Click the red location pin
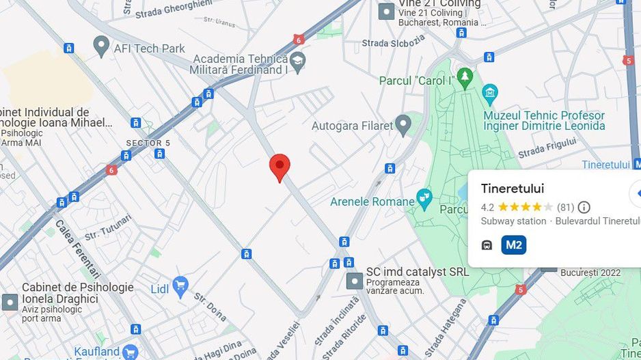279,167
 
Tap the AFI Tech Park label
150,49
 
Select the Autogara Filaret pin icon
404,125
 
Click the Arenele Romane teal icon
424,199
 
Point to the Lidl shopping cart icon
180,287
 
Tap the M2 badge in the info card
514,245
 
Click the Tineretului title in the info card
513,189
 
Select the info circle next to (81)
584,207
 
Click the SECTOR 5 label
148,143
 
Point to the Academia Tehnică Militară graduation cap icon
297,64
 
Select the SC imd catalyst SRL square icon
355,281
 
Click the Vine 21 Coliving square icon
387,12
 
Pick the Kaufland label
96,352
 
